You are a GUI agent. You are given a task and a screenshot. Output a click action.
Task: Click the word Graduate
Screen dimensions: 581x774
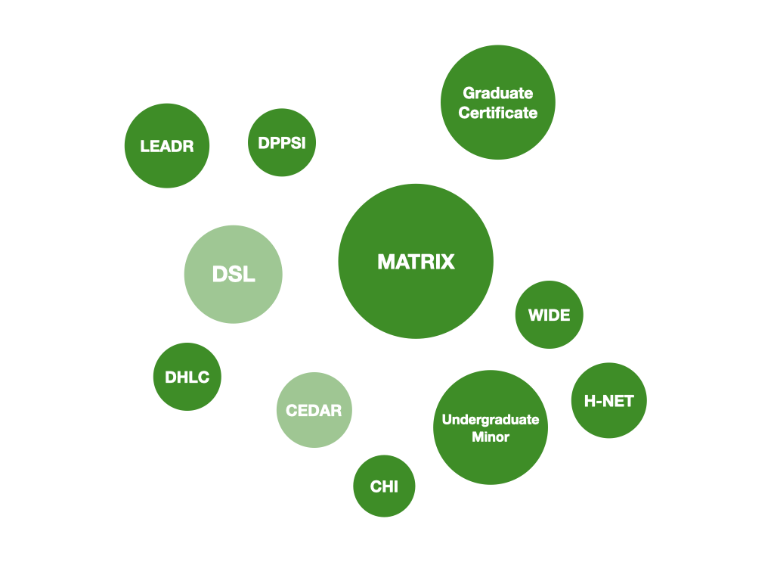[x=498, y=93]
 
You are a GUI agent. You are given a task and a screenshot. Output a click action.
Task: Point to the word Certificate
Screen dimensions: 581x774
[x=498, y=113]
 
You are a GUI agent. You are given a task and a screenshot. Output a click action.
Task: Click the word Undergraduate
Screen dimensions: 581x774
[x=491, y=419]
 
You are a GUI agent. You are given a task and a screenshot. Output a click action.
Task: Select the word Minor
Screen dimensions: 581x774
[x=491, y=437]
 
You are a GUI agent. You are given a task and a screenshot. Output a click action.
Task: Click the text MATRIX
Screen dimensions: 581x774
[x=416, y=262]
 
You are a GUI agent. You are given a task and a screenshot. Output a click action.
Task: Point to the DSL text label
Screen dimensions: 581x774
[x=234, y=275]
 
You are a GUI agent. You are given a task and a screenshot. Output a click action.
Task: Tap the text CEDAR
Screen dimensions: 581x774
[x=314, y=411]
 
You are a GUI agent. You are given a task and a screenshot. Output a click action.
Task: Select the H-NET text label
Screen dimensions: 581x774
[x=608, y=401]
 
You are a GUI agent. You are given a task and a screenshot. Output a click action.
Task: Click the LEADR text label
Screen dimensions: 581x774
[x=167, y=147]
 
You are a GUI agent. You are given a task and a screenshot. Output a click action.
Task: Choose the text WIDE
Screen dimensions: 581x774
[x=550, y=315]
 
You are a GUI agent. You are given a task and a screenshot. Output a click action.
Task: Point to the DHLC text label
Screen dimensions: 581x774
[x=187, y=377]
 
